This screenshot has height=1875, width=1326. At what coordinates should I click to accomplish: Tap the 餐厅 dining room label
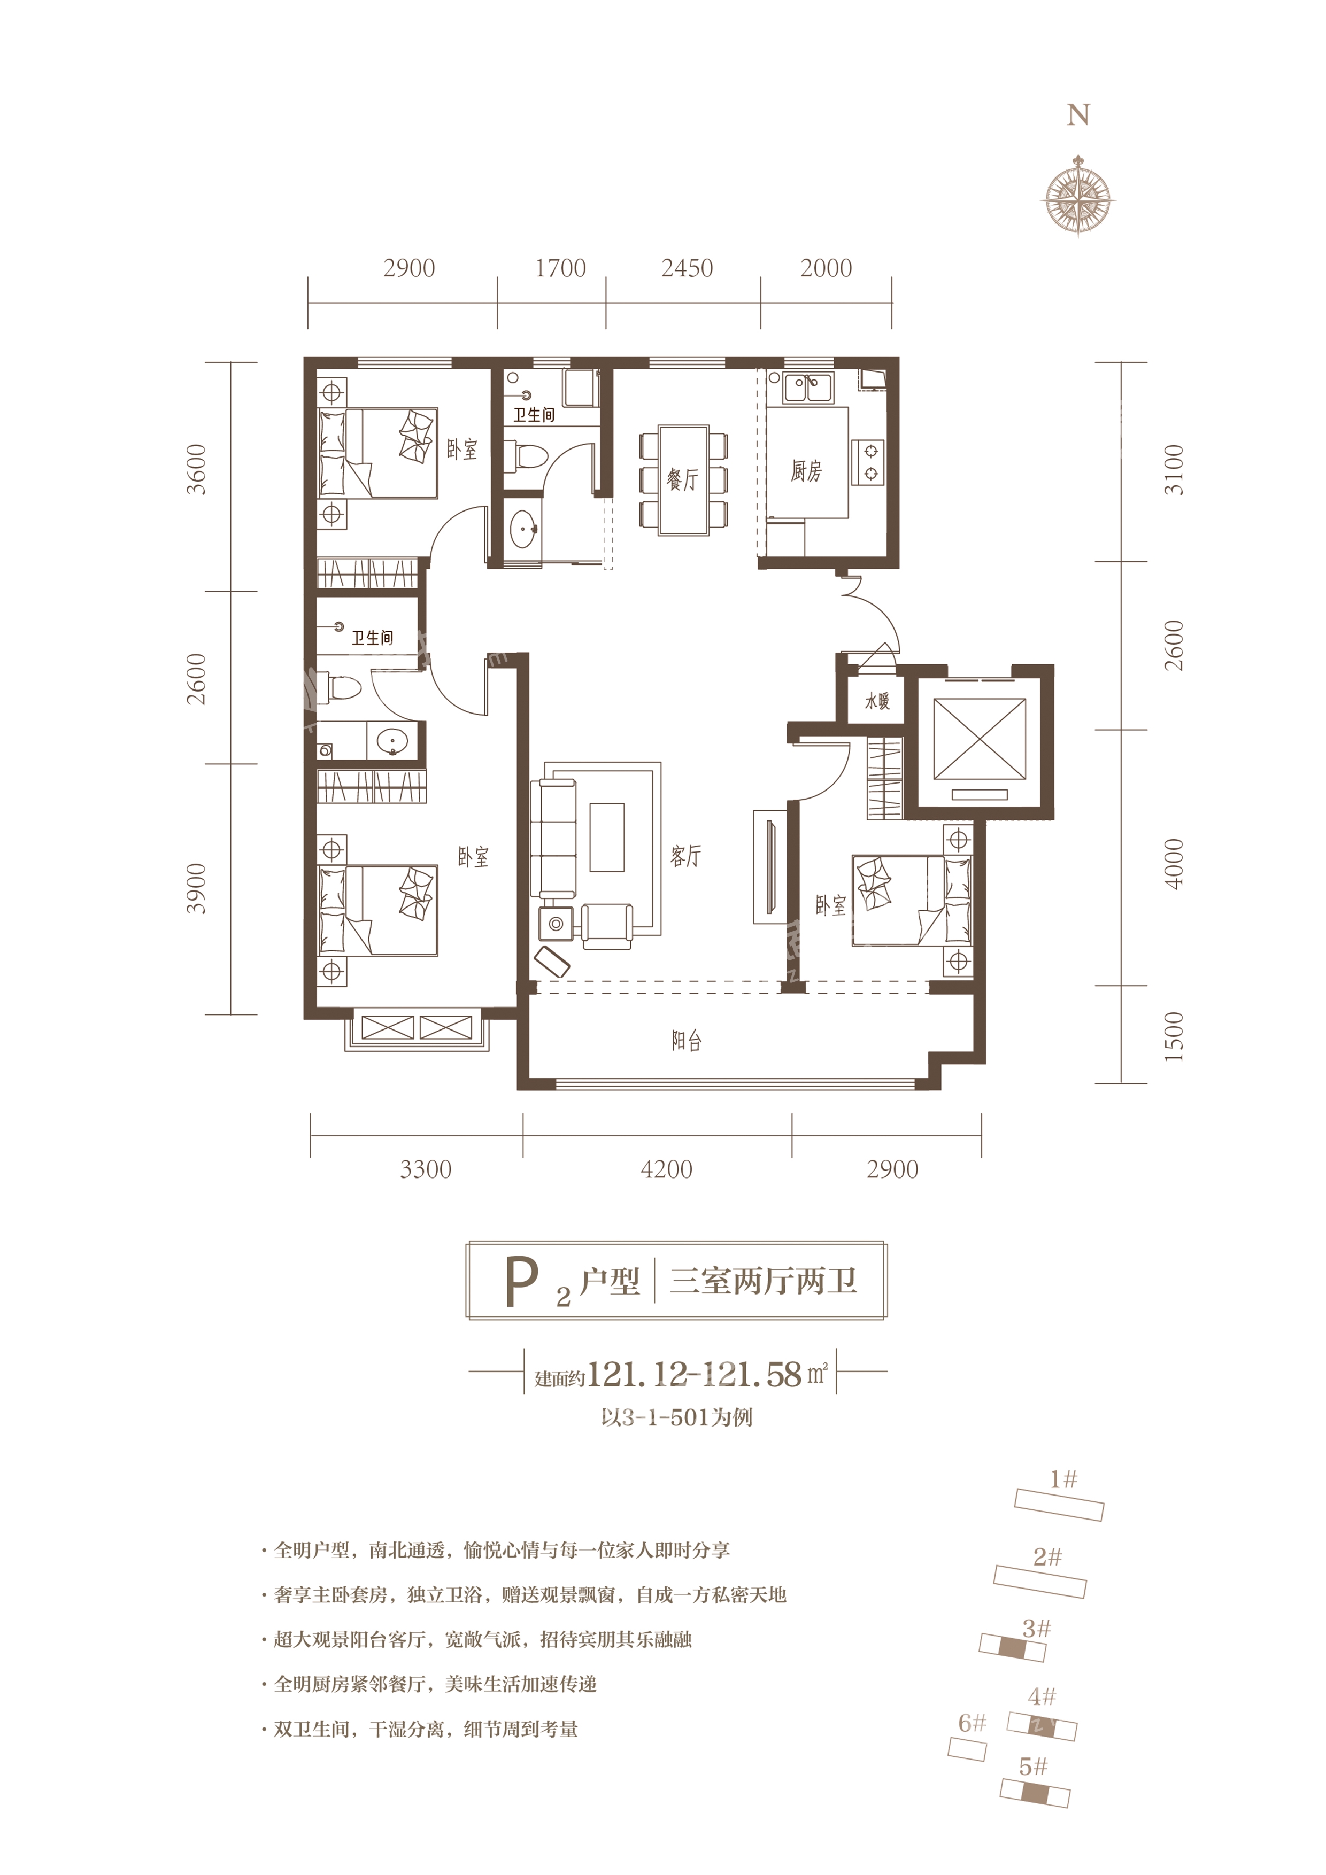pos(682,479)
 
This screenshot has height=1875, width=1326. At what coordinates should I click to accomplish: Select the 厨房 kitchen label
pos(806,470)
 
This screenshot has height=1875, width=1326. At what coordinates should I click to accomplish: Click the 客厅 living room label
pos(684,856)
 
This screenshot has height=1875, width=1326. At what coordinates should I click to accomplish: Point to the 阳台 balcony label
pos(687,1041)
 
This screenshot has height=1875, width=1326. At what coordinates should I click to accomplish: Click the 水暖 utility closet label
pos(877,701)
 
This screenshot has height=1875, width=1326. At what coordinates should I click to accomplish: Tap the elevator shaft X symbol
pos(979,739)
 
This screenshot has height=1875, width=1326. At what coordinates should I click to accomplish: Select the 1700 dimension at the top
pos(560,269)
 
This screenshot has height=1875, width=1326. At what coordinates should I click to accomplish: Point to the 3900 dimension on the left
pos(197,888)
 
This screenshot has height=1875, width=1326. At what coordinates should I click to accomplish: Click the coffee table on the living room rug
pos(606,837)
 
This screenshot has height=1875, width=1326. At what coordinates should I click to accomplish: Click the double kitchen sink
pos(808,388)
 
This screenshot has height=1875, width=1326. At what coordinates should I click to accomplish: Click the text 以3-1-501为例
pos(676,1417)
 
